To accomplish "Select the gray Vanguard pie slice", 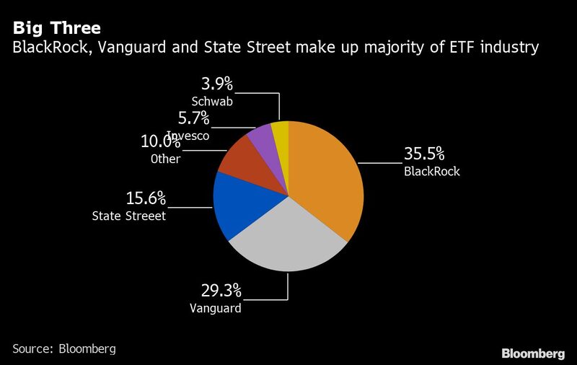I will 285,242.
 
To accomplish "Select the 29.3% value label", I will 221,291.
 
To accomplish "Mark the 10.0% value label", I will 160,141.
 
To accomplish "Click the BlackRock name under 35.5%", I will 431,172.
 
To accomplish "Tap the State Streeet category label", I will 129,216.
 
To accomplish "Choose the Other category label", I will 165,159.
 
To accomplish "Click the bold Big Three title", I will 56,29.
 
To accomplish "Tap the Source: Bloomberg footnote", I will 64,348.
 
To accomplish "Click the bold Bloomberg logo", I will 533,353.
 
